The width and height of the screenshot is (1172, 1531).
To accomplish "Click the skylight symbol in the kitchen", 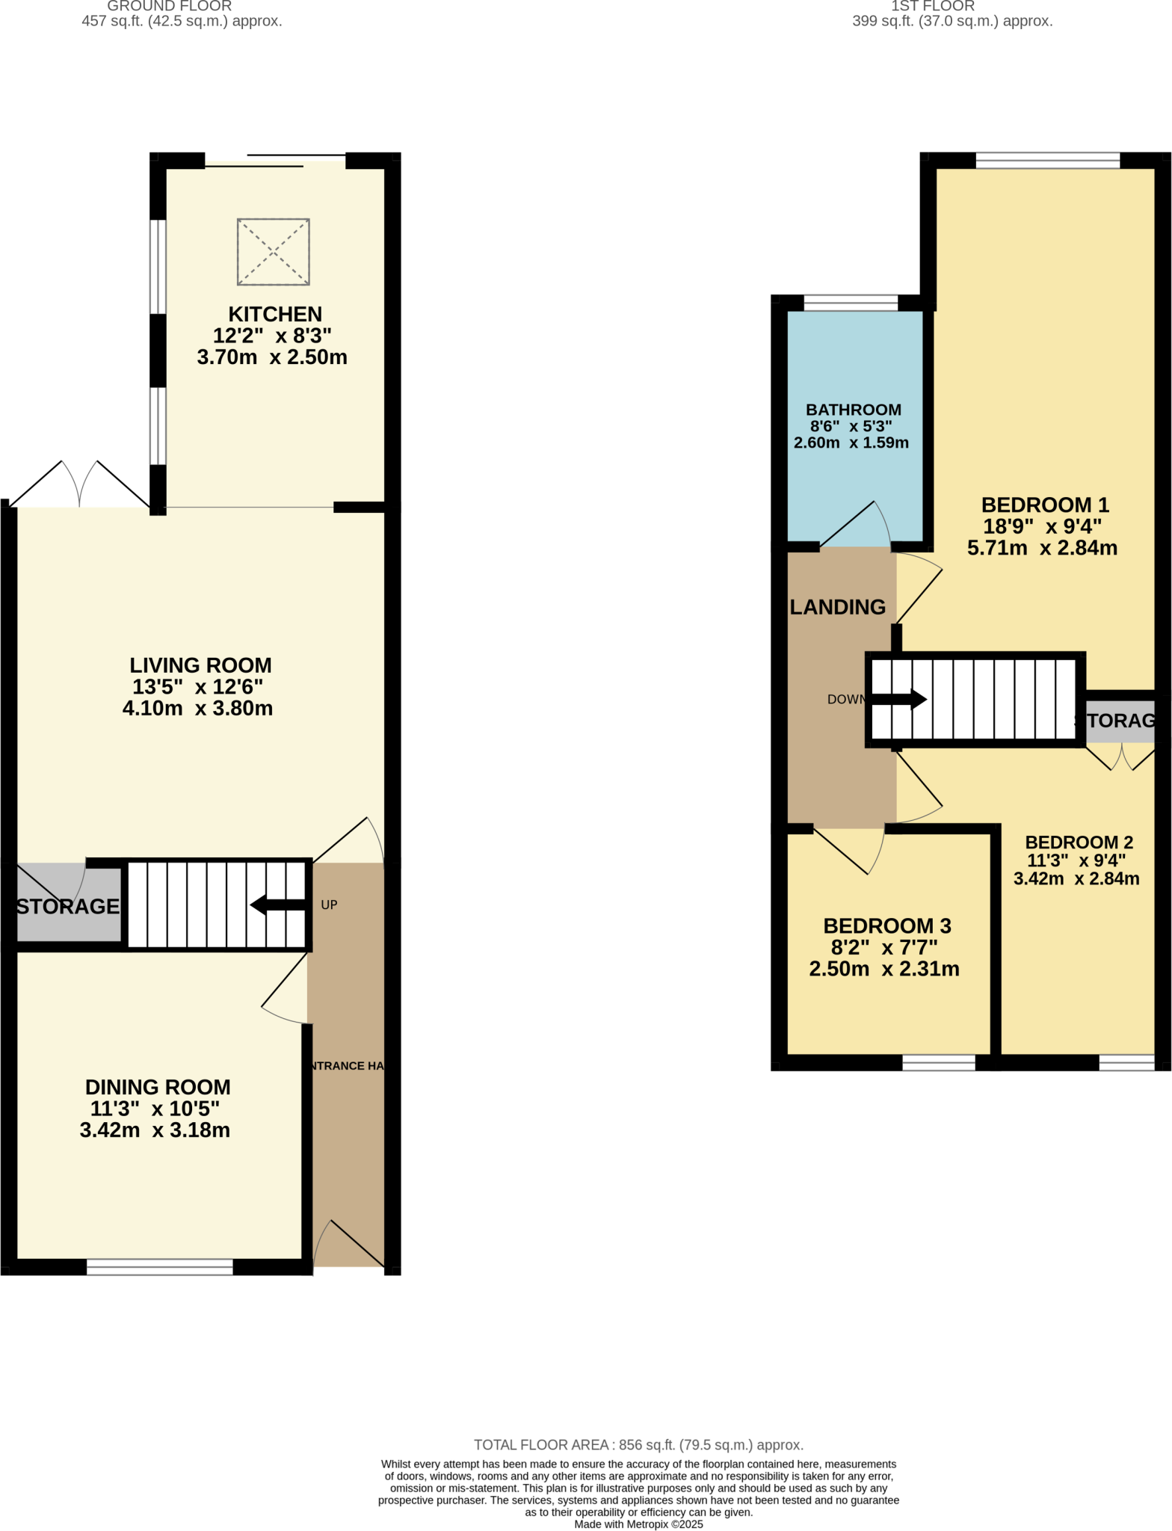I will tap(273, 252).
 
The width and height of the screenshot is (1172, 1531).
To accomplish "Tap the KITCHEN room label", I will tap(275, 314).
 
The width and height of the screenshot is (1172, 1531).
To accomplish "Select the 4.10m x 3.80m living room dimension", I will tap(197, 708).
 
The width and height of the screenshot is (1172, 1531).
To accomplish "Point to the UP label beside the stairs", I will tap(329, 905).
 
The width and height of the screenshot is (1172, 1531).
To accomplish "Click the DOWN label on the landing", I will tap(845, 700).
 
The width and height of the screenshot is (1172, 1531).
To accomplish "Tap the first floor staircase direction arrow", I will tap(900, 700).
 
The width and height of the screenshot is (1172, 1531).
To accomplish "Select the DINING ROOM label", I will tap(158, 1087).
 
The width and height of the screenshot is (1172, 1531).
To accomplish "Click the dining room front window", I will tap(160, 1266).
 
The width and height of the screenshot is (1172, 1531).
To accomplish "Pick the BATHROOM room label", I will tap(853, 410).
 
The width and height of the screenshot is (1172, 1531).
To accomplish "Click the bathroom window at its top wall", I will tap(850, 303).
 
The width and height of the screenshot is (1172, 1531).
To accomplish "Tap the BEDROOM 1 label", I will tap(1044, 505).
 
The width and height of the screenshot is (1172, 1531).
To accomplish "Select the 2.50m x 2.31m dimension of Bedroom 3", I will tap(883, 969).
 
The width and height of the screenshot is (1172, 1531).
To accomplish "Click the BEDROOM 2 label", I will tap(1079, 842).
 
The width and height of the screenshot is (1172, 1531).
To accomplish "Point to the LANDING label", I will tap(837, 607).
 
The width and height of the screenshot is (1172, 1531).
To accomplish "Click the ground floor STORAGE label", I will tap(67, 906).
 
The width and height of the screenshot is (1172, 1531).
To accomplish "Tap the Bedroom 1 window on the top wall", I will tap(1047, 160).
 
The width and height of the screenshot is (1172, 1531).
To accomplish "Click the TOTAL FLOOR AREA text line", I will tap(638, 1445).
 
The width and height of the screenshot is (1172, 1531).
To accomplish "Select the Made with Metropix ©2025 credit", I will tap(638, 1524).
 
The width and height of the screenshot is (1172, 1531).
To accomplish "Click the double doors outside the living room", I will tap(79, 484).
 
